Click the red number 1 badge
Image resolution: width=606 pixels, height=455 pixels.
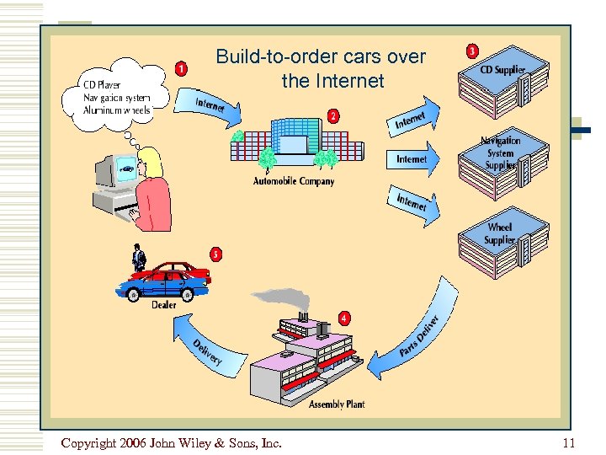click(181, 68)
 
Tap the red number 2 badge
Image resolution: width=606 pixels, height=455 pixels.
click(333, 116)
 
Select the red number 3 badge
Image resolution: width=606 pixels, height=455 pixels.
click(473, 51)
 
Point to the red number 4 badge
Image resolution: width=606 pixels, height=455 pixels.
click(345, 318)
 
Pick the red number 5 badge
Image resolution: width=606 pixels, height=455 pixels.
click(216, 254)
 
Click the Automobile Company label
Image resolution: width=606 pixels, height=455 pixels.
click(294, 181)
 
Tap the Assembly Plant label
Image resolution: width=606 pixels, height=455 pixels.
click(336, 404)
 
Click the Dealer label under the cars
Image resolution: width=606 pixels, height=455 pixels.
click(164, 305)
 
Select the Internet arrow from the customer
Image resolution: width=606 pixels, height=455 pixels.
click(210, 106)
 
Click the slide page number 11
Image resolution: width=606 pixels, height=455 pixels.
click(568, 443)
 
